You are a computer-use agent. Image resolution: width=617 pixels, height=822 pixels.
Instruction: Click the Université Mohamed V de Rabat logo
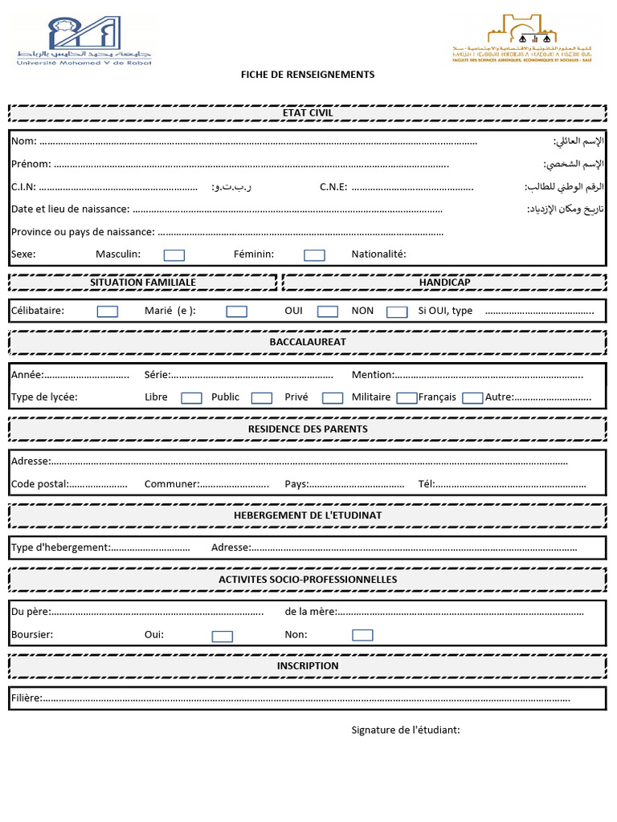click(x=84, y=40)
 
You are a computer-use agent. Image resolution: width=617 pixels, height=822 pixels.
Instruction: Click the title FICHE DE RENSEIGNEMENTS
click(x=308, y=75)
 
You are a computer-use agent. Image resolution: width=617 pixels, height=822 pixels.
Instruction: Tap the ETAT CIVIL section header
click(x=308, y=113)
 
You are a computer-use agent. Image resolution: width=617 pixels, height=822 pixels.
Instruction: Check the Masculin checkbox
click(x=174, y=255)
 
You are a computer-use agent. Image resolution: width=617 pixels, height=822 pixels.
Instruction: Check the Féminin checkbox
click(x=314, y=255)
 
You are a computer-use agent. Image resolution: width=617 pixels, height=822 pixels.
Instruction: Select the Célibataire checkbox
click(x=107, y=311)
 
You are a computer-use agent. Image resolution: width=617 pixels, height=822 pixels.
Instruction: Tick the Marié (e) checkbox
click(x=236, y=311)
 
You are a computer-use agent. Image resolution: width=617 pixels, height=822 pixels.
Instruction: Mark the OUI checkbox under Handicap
click(x=327, y=311)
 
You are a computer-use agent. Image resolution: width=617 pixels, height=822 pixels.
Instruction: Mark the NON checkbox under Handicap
click(x=397, y=311)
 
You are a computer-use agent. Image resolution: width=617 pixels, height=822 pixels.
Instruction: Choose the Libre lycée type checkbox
click(x=191, y=397)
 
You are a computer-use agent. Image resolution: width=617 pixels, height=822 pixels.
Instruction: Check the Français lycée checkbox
click(x=472, y=397)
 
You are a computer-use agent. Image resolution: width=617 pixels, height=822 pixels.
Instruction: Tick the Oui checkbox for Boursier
click(x=223, y=636)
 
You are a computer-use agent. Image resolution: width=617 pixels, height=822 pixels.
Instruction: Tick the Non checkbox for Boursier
click(x=362, y=635)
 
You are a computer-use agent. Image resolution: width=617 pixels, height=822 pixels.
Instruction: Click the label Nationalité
click(x=378, y=254)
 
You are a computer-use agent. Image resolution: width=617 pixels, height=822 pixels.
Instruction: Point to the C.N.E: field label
click(x=333, y=187)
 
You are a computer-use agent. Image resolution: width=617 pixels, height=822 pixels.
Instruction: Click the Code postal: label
click(x=39, y=484)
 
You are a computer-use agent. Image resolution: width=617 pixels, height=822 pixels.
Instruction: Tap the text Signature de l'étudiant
click(x=406, y=730)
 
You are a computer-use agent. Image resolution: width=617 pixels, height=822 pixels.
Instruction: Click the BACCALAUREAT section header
click(x=308, y=342)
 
